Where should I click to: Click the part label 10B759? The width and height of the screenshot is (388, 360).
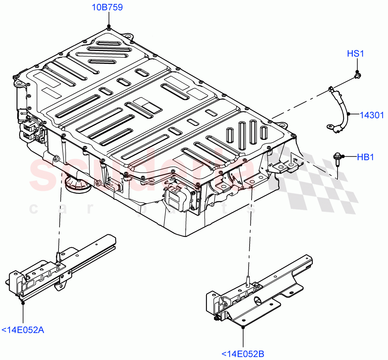pyautogui.click(x=107, y=7)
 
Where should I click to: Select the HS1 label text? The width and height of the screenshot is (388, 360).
pyautogui.click(x=355, y=53)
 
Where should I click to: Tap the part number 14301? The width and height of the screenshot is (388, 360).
pyautogui.click(x=372, y=115)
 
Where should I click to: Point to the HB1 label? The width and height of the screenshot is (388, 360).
pyautogui.click(x=365, y=157)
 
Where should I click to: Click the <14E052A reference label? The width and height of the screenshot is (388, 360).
pyautogui.click(x=23, y=330)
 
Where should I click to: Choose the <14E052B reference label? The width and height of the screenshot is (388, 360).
pyautogui.click(x=242, y=354)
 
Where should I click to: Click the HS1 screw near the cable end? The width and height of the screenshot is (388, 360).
pyautogui.click(x=357, y=76)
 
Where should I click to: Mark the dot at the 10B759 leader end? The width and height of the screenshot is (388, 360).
pyautogui.click(x=109, y=26)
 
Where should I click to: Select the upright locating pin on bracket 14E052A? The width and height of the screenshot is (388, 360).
pyautogui.click(x=58, y=255)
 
